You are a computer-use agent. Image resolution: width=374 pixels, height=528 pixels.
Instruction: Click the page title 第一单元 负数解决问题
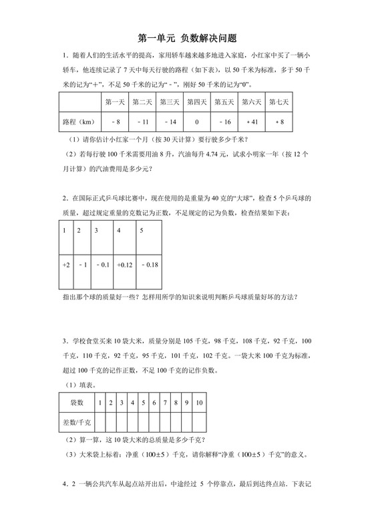coord(187,40)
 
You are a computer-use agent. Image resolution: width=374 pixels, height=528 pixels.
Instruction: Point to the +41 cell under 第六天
coord(251,123)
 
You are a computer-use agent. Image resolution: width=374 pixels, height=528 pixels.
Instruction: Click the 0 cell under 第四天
coord(196,123)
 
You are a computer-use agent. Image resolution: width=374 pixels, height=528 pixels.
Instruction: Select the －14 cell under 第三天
coord(169,123)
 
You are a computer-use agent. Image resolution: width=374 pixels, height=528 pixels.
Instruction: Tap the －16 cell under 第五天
coord(224,123)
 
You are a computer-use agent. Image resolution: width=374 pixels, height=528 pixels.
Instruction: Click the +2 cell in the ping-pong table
coord(65,265)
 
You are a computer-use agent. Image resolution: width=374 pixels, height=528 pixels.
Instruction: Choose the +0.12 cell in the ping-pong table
coord(126,265)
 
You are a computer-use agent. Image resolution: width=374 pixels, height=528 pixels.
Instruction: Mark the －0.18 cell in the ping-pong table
coord(151,265)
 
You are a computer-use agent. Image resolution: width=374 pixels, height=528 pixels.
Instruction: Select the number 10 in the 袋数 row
coord(199,403)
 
